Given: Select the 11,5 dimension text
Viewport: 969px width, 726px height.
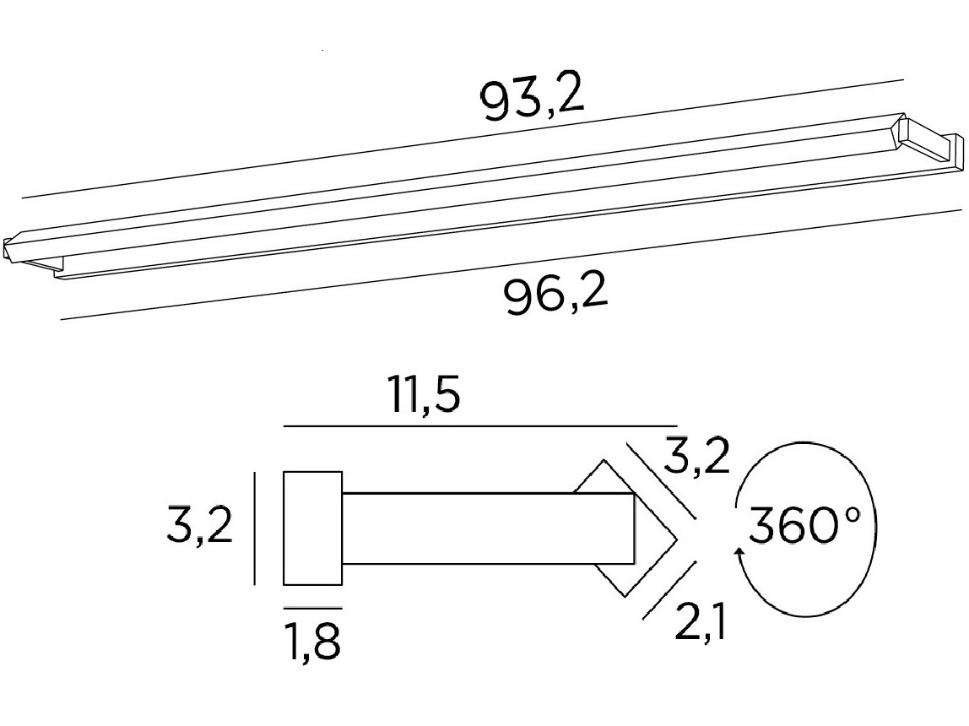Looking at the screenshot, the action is [x=424, y=394].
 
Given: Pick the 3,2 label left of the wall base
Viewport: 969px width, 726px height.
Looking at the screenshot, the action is [x=199, y=525].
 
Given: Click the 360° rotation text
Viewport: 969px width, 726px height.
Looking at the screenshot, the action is [x=804, y=526].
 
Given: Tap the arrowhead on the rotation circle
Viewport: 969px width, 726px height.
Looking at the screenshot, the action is [x=738, y=554].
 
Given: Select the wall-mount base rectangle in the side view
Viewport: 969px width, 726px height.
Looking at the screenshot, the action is [x=312, y=528].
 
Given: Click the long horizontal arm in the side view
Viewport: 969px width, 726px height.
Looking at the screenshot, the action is [x=488, y=528].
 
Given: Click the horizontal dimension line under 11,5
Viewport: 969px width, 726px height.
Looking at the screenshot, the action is [x=481, y=425].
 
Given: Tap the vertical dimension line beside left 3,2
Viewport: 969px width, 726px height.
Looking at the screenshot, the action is [x=255, y=528].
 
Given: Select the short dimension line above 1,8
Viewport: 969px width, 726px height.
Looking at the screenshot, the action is [x=312, y=609].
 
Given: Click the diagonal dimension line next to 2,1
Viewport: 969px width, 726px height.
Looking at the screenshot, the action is [x=670, y=590].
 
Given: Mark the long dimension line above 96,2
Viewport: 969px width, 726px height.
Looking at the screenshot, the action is [x=512, y=265].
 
